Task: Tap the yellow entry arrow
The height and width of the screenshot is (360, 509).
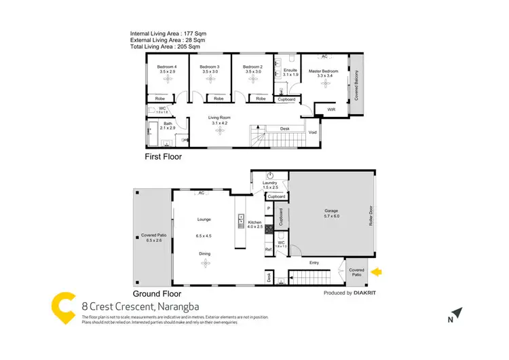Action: (378, 272)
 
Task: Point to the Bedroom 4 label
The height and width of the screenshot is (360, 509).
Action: (166, 67)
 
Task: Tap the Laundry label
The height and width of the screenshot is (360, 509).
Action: (271, 183)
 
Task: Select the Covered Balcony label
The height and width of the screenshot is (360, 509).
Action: (356, 86)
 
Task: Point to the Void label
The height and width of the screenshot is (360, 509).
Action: (313, 132)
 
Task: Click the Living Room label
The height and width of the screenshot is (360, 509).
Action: (219, 118)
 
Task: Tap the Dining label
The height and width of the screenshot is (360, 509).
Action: (204, 254)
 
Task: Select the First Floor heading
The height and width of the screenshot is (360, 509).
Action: (163, 156)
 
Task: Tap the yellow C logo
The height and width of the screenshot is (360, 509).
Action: (64, 308)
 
